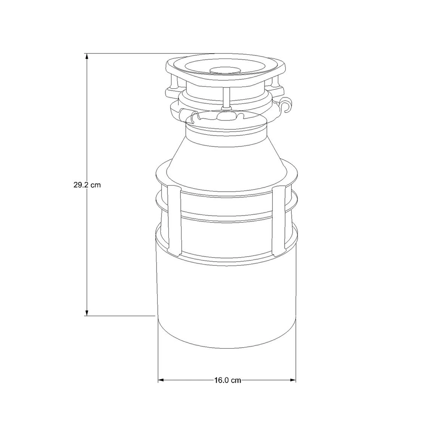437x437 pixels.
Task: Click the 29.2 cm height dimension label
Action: point(87,185)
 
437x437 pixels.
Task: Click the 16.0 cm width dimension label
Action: point(227,380)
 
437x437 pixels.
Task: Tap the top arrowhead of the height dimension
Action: point(87,56)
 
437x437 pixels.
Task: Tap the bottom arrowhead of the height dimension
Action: point(87,312)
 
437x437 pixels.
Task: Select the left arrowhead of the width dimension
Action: point(161,380)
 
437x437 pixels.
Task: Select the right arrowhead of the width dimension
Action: point(293,380)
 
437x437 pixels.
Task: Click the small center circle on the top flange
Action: point(225,69)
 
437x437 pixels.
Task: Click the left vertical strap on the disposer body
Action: point(174,220)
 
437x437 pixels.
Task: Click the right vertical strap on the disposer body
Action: point(279,220)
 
